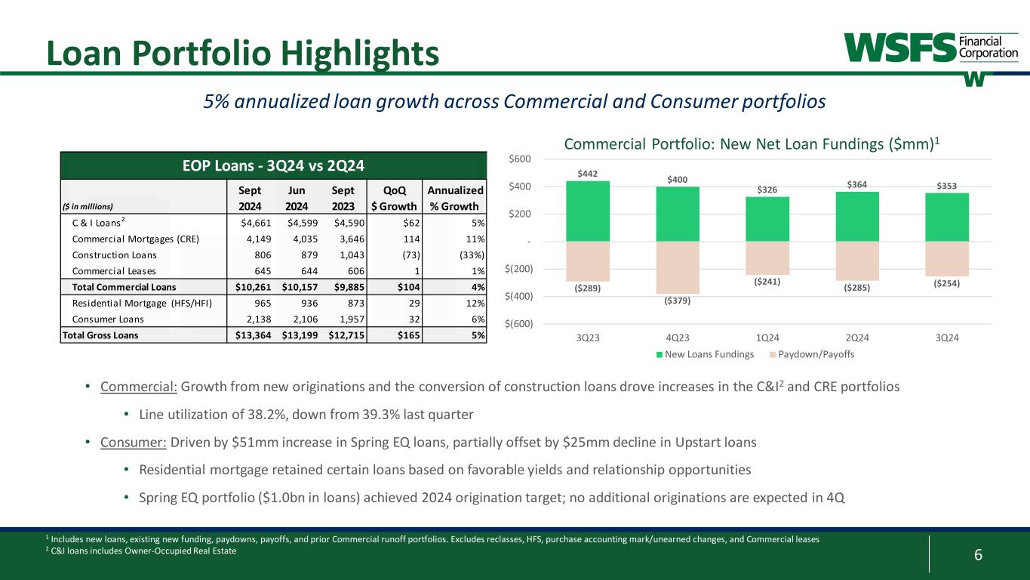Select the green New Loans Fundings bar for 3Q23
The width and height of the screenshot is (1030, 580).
(x=588, y=211)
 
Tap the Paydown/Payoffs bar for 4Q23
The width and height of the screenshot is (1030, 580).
(x=678, y=267)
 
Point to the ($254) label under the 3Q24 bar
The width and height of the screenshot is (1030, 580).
(x=947, y=283)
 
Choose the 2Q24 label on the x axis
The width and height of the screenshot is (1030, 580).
(x=857, y=337)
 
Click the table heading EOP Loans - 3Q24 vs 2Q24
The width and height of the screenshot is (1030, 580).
(x=274, y=165)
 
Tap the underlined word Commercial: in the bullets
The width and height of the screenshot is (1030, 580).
(x=139, y=387)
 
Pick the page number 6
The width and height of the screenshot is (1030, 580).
(x=978, y=555)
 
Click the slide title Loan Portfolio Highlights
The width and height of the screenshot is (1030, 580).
(x=241, y=52)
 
